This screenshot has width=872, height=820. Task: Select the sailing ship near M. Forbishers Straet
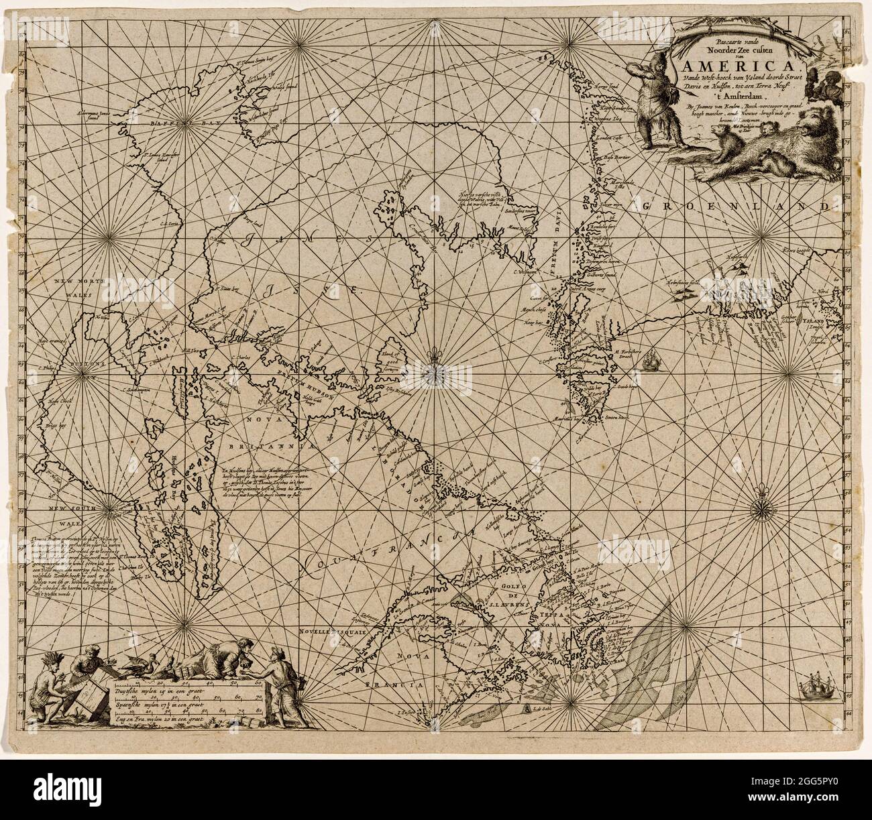[x=649, y=363]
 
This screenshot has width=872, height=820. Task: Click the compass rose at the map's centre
[x=431, y=368]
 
